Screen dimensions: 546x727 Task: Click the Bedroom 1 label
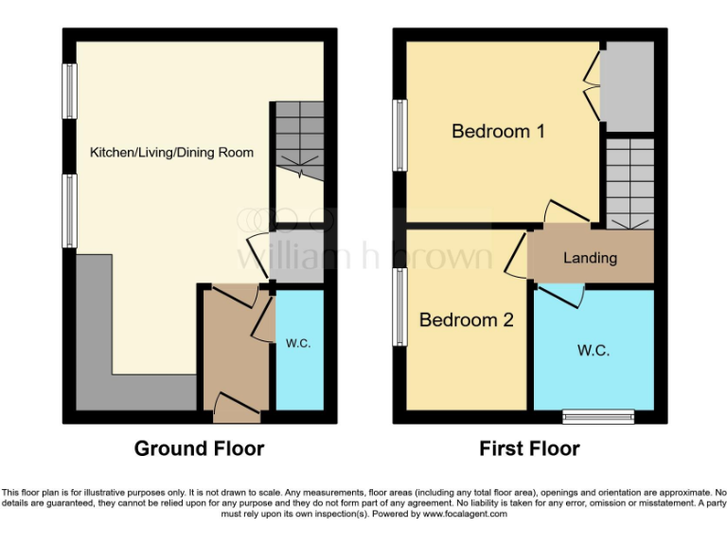tap(498, 131)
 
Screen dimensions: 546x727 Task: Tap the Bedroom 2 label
tap(466, 320)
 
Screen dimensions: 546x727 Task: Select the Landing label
tap(590, 257)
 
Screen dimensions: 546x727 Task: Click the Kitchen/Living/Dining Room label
tap(171, 152)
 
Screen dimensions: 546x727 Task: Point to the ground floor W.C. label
tap(298, 343)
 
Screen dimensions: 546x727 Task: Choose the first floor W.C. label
tap(594, 350)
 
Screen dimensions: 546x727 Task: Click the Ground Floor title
tap(199, 448)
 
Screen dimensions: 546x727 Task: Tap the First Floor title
tap(529, 448)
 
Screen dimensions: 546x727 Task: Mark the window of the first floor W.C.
tap(597, 416)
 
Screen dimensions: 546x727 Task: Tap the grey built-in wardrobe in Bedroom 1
tap(627, 86)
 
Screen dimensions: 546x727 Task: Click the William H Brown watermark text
tap(364, 255)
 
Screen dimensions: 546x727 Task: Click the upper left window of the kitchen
tap(69, 91)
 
